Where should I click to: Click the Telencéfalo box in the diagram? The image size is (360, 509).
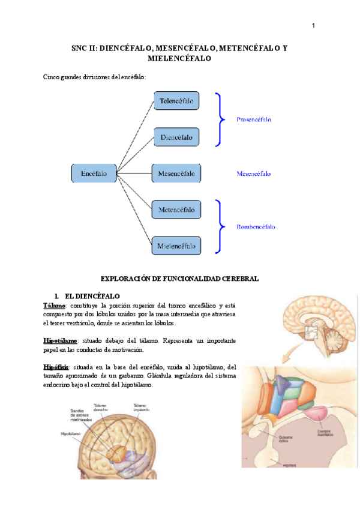pos(176,101)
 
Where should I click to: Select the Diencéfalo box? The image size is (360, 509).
pos(176,137)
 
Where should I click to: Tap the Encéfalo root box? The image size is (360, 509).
pos(94,173)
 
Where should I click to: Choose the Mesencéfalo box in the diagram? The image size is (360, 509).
pos(176,173)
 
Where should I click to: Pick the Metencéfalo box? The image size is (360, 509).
pos(176,210)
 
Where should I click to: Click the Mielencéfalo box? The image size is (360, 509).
pos(176,245)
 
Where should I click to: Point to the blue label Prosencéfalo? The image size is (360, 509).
pos(254,119)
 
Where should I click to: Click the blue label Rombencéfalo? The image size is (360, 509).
pos(256,227)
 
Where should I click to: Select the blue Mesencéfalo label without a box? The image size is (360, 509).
pos(254,173)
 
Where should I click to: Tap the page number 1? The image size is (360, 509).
pos(313,25)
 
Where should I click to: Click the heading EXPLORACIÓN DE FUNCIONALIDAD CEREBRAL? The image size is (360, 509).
pos(179,279)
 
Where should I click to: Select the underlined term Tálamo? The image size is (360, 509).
pos(54,306)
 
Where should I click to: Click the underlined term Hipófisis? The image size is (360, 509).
pos(56,367)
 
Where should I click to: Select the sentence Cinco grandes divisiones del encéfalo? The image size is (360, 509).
pos(94,77)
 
